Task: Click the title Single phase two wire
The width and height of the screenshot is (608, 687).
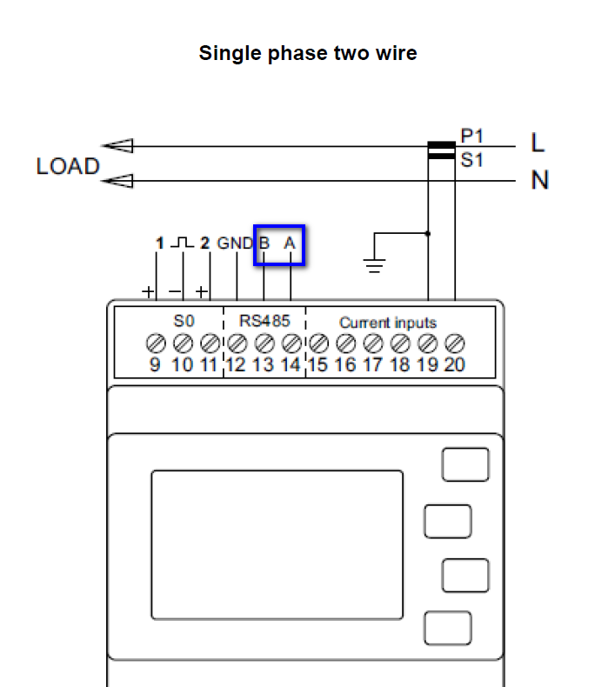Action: coord(308,53)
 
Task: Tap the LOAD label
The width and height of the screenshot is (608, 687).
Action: coord(68,167)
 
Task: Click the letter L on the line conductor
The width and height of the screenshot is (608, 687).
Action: coord(538,143)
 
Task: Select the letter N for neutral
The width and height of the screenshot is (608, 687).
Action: coord(539,181)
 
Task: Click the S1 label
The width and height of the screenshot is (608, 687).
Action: coord(472,161)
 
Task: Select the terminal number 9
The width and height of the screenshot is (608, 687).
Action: coord(155,365)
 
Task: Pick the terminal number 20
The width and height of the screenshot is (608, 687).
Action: coord(454,365)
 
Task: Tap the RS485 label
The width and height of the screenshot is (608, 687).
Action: coord(264,321)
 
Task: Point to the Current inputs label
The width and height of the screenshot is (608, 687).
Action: coord(388,323)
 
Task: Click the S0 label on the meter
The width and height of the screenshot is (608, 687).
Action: coord(184,321)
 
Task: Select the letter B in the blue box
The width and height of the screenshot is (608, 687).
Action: coord(264,244)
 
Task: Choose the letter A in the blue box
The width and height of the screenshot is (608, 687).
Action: coord(291,244)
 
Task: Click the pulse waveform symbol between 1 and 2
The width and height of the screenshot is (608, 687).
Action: coord(182,243)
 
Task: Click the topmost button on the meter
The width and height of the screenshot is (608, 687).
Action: coord(464,464)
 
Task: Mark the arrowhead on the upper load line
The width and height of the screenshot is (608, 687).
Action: coord(117,146)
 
